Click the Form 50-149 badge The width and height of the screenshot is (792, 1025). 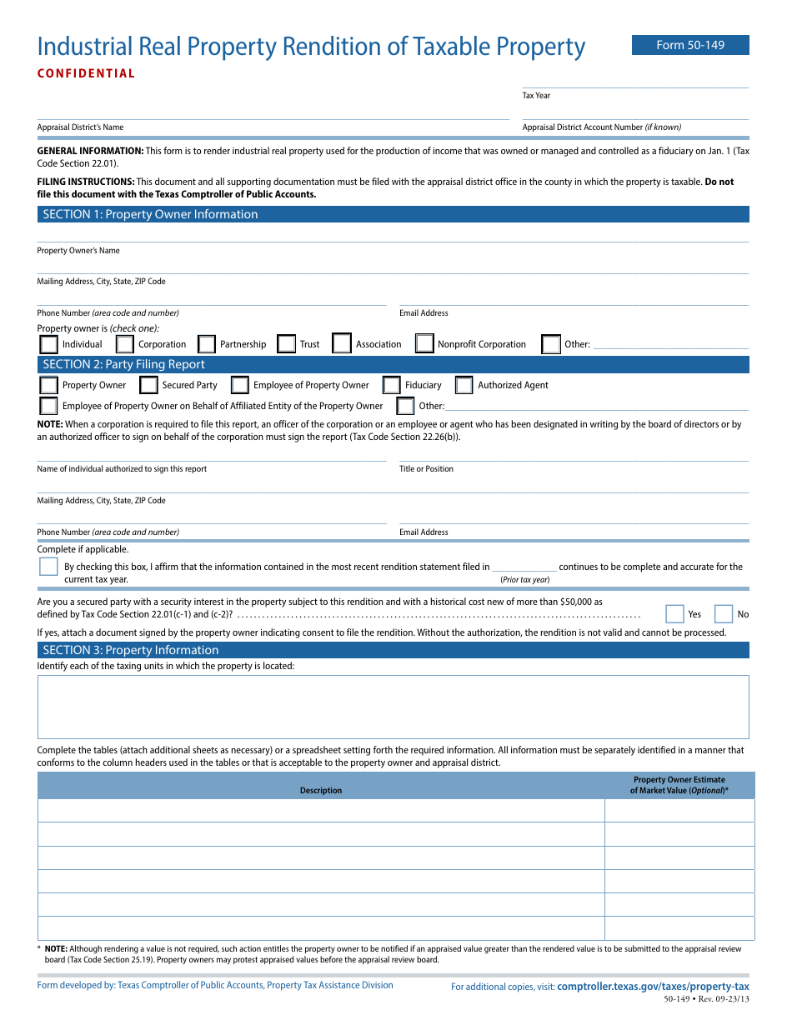point(690,45)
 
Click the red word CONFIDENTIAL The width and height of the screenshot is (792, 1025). point(86,73)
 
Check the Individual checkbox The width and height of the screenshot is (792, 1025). point(49,344)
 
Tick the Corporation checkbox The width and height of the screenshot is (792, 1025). point(124,344)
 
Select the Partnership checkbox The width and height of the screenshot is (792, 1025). point(207,344)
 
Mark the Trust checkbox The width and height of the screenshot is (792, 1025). point(286,344)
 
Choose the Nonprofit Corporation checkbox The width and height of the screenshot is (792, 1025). point(424,344)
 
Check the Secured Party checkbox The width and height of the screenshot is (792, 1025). point(148,385)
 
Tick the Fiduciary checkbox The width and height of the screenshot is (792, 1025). point(391,385)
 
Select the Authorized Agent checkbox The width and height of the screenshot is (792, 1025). point(464,385)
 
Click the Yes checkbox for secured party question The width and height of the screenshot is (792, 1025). point(674,614)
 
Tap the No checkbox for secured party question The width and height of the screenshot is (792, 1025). point(723,614)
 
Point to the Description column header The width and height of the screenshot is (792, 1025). point(321,790)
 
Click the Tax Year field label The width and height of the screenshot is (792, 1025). point(536,96)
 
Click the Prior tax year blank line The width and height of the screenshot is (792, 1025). point(524,567)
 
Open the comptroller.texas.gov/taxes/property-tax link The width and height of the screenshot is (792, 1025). point(653,987)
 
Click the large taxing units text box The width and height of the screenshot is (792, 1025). point(393,707)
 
